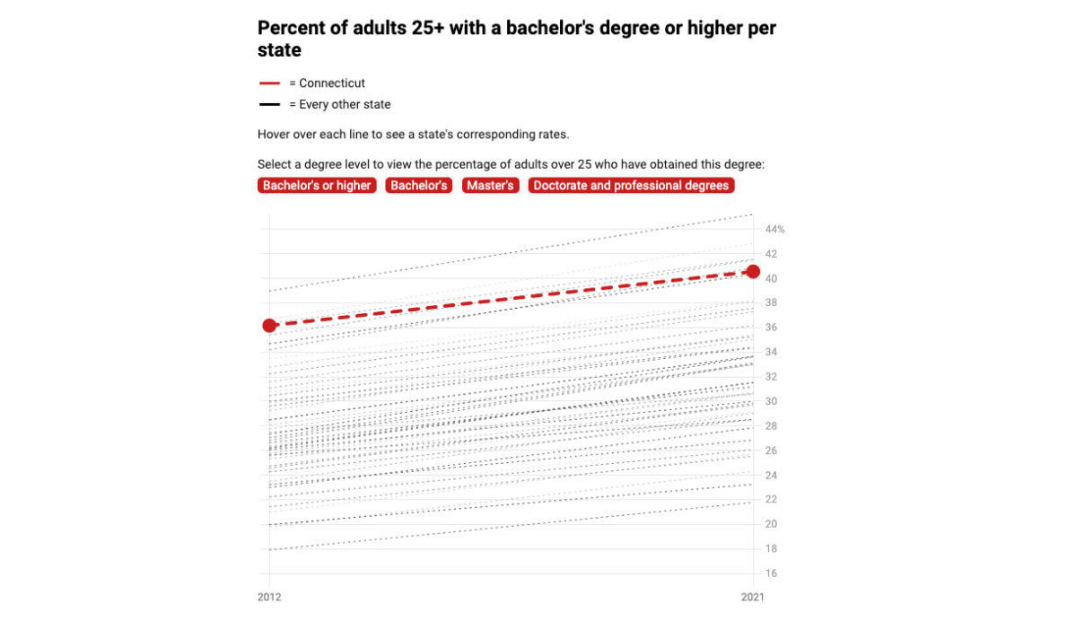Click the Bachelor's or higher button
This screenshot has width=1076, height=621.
316,186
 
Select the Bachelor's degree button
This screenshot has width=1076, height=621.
418,186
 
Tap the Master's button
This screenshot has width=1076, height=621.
490,186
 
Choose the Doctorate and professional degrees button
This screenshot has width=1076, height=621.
631,186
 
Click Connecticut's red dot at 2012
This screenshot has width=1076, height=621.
269,325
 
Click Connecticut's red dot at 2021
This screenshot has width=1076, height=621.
753,271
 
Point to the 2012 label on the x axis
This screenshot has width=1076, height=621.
269,597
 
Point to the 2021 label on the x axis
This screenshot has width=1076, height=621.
753,597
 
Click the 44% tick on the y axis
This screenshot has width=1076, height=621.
774,230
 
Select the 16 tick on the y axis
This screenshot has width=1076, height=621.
770,573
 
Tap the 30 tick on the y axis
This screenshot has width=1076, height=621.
770,401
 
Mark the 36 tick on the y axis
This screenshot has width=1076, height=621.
770,328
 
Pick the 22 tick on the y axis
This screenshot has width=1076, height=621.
770,500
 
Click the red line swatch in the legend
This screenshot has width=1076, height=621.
270,83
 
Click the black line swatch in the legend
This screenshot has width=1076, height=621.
270,105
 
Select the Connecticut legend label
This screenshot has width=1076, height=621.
332,83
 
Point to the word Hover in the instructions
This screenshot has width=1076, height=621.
274,135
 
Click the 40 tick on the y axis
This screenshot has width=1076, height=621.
770,279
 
